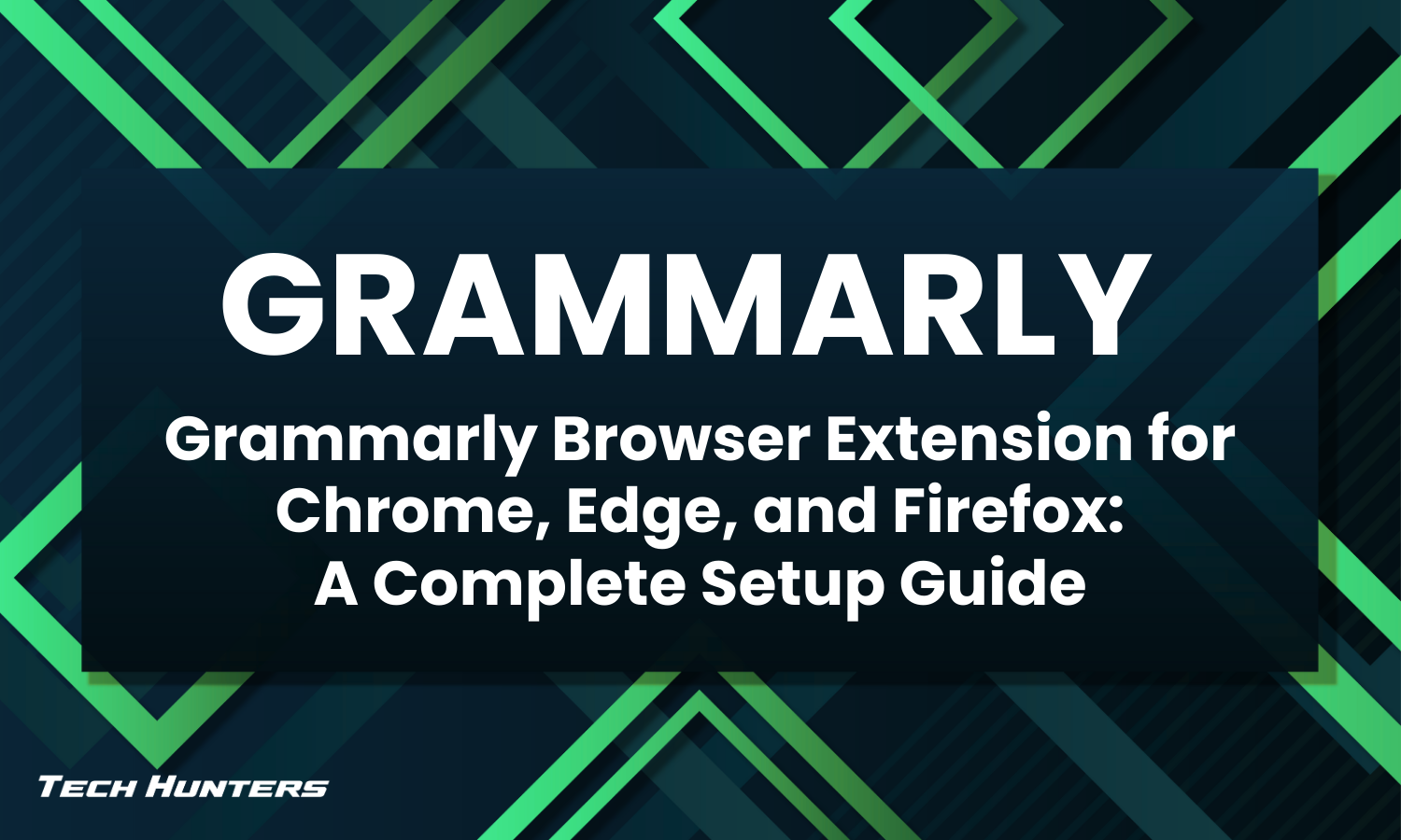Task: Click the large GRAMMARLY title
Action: click(x=682, y=303)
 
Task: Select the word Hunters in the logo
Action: click(x=237, y=787)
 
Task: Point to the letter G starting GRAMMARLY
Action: click(x=271, y=303)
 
